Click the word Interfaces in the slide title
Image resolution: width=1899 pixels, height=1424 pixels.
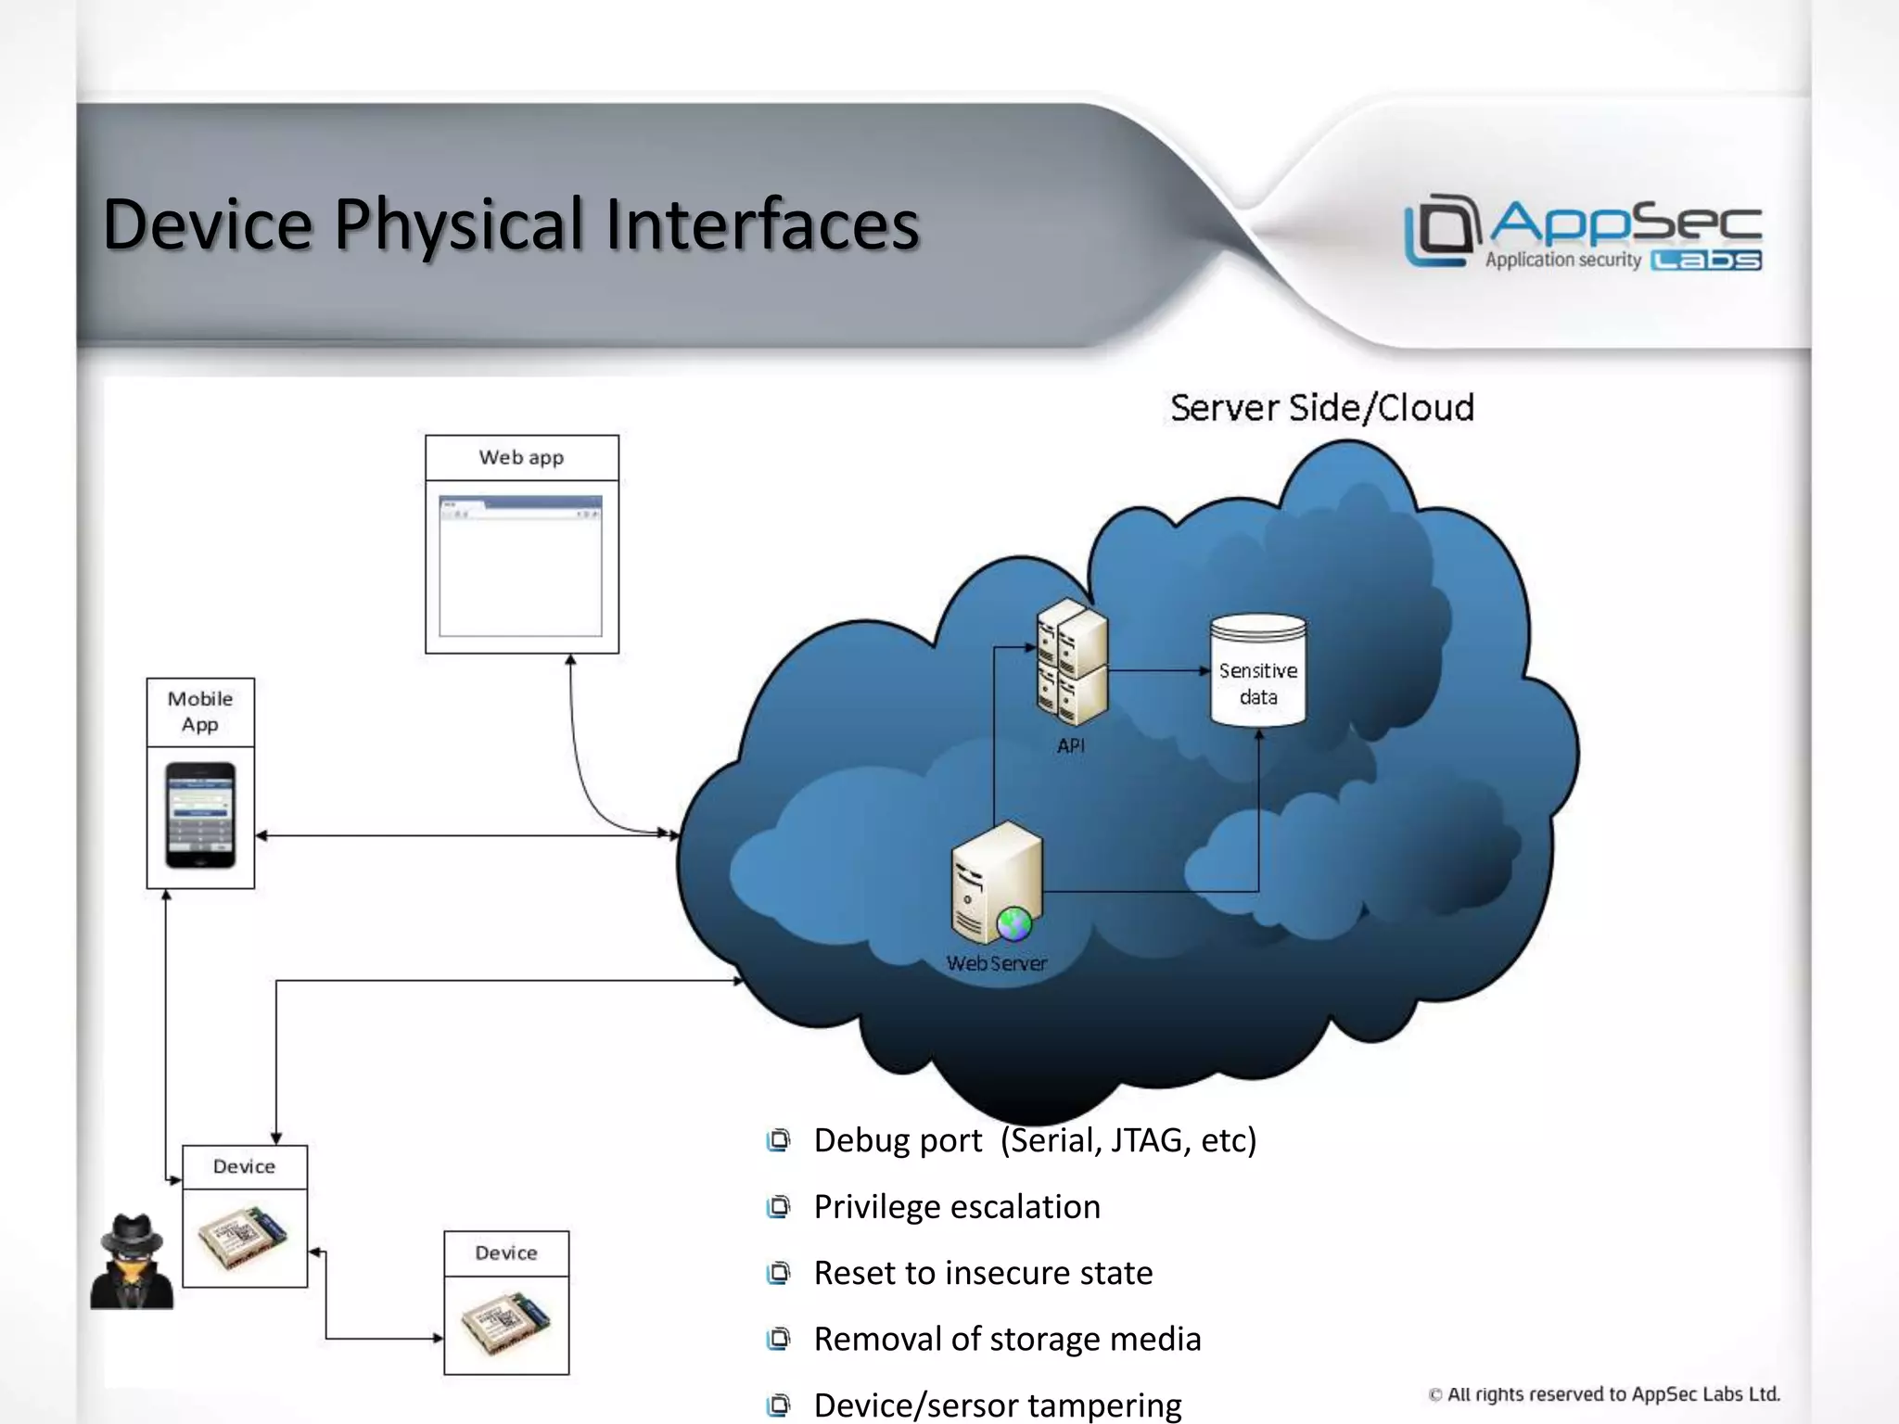762,224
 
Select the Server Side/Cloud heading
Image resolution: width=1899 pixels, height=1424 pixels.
1321,408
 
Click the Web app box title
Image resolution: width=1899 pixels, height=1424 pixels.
521,457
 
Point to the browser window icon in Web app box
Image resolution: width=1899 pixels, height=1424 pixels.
520,566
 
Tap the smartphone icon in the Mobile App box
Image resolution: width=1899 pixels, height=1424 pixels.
200,815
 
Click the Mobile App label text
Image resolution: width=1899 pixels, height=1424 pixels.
200,711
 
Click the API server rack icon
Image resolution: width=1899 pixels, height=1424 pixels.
1073,663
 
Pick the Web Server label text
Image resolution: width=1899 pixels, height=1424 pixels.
997,963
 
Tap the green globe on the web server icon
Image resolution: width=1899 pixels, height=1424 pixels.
1013,923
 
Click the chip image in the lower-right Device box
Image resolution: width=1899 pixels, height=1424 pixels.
506,1324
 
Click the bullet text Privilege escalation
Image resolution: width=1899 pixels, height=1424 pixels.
957,1206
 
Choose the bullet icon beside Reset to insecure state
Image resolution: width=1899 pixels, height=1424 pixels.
778,1273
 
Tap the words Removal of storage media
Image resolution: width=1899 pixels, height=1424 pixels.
1007,1339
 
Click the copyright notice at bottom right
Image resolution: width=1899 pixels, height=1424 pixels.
1604,1393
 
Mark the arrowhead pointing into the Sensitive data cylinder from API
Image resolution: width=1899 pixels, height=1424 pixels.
1204,670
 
